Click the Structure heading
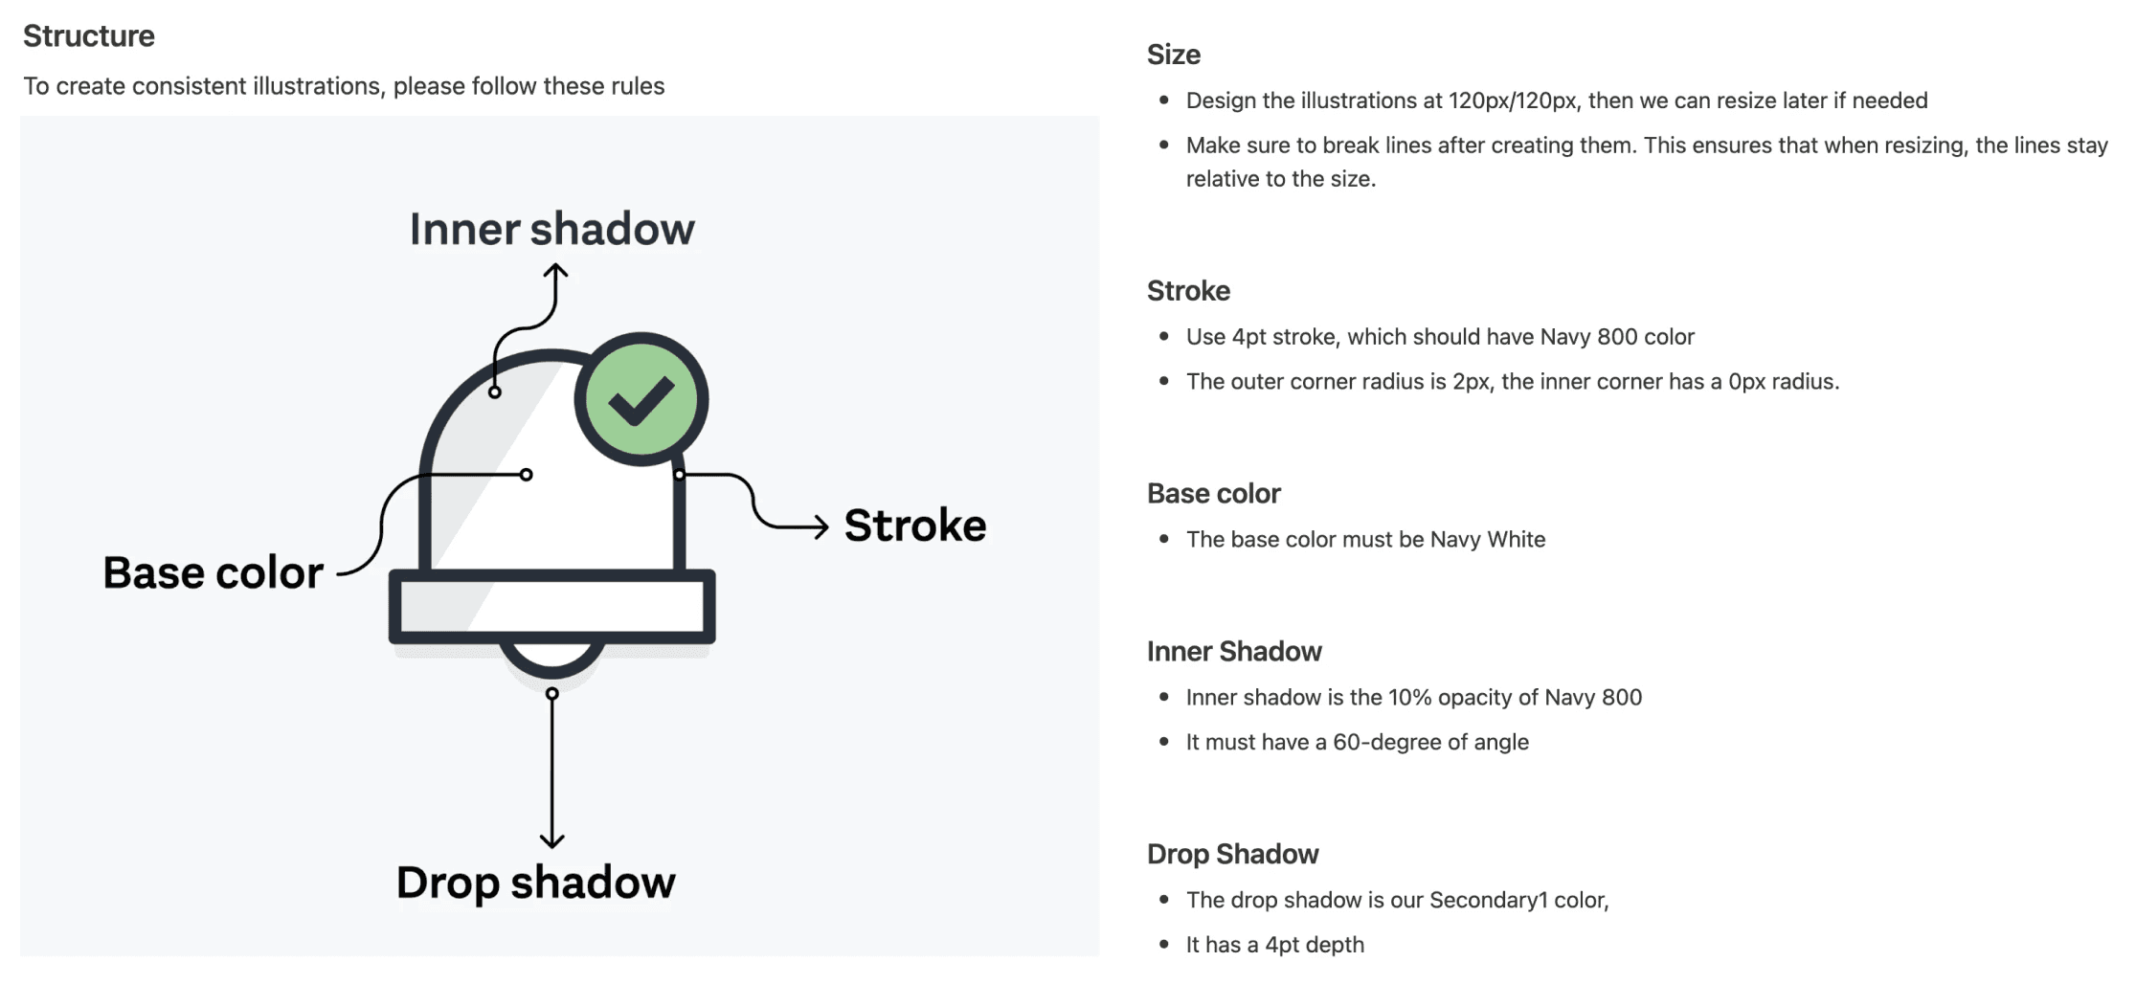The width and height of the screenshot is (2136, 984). pos(89,36)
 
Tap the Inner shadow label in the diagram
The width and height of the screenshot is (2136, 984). pos(551,230)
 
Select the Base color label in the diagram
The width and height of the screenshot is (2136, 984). pos(213,573)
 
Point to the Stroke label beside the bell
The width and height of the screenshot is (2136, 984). pos(914,526)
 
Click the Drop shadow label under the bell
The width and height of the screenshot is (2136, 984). pos(535,883)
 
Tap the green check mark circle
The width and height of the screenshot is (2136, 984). pos(641,399)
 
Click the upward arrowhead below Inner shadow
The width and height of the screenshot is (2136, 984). pos(555,271)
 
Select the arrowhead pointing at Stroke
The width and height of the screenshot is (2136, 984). pos(821,526)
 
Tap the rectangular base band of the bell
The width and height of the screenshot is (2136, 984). pos(551,607)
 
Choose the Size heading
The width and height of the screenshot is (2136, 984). pos(1173,55)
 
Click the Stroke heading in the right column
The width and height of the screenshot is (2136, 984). pos(1188,291)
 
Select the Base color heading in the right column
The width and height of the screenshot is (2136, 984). pos(1213,494)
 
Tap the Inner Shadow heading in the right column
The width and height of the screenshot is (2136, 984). pos(1234,652)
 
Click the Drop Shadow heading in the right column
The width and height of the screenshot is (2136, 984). pos(1232,855)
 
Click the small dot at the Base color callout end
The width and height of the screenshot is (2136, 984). pos(526,475)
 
